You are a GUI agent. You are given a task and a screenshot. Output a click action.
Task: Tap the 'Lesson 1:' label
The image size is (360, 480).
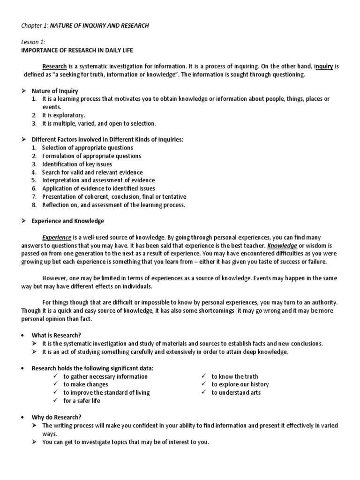[34, 42]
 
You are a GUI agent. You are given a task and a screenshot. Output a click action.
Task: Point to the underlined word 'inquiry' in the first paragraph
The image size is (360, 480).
[323, 67]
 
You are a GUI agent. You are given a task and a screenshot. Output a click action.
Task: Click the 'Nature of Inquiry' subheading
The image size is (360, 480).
[55, 91]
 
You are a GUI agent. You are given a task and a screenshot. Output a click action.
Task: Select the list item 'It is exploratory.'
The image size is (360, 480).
[64, 115]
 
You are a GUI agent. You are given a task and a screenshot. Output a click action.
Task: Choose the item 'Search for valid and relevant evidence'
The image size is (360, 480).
[92, 172]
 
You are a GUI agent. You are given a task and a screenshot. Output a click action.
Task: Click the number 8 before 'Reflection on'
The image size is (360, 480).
[34, 205]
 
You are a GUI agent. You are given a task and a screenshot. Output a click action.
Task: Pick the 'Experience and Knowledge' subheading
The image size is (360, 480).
[67, 221]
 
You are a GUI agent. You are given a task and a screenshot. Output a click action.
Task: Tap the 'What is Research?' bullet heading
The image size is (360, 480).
[56, 335]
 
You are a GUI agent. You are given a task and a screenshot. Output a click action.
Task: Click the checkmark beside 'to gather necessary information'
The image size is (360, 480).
[56, 376]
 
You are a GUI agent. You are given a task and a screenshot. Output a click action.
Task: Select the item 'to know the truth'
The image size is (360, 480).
[234, 376]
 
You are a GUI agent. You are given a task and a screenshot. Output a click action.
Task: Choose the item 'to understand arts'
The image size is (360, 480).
[236, 392]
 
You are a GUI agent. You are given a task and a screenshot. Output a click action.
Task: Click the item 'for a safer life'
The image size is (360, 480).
[82, 401]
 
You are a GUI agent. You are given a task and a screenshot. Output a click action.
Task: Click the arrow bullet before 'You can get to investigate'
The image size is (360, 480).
[34, 442]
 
